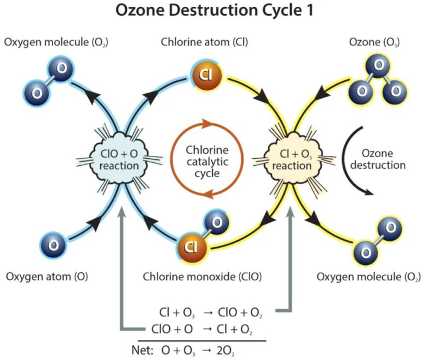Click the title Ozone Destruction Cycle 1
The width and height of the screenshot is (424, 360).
211,12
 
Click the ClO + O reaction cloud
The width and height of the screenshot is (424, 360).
120,159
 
